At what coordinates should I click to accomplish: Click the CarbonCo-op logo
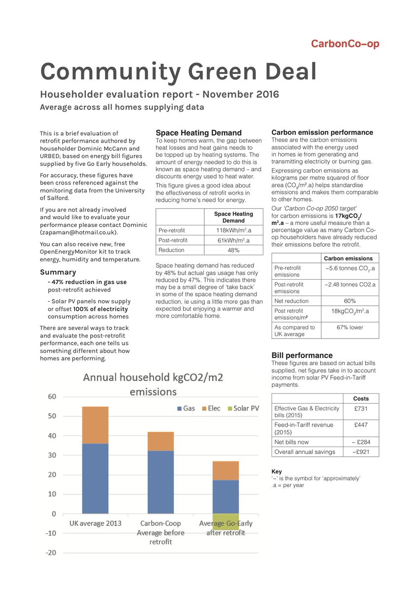(345, 44)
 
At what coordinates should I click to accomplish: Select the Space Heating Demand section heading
(198, 133)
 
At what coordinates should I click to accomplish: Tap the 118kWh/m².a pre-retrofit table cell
(233, 230)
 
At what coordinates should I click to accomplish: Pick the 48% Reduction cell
(233, 250)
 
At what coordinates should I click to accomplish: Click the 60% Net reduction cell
(350, 301)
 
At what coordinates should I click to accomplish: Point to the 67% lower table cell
(350, 328)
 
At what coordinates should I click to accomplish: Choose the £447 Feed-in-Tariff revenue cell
(361, 425)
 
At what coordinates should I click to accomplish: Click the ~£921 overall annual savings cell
(361, 451)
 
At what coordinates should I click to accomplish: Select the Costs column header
(361, 398)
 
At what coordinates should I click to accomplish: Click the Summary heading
(58, 272)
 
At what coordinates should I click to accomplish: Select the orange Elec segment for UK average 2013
(95, 425)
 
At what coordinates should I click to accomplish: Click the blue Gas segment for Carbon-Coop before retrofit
(161, 482)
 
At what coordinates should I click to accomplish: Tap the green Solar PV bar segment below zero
(226, 521)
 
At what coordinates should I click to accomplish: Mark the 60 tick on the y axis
(52, 397)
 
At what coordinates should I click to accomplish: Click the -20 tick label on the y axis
(50, 553)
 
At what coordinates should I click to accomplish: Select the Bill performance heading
(302, 355)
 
